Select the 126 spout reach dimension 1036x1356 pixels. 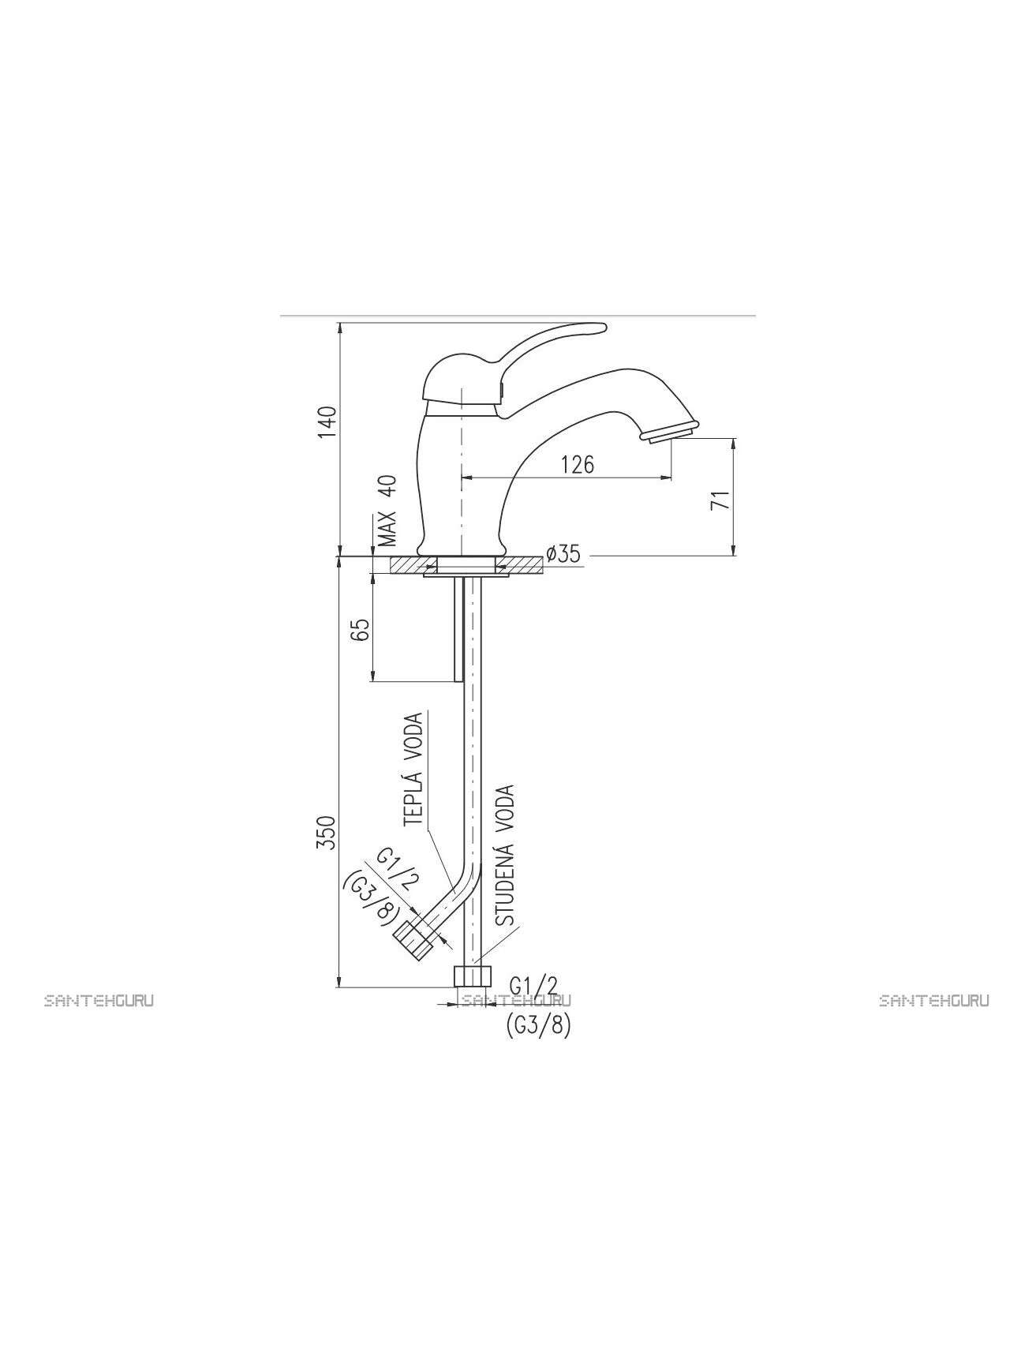(x=578, y=464)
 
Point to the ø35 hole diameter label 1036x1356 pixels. (x=563, y=554)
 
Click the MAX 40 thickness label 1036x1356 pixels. (x=386, y=511)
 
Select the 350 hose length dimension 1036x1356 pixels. (x=327, y=833)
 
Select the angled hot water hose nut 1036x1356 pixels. (x=413, y=940)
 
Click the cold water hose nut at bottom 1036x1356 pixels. (x=473, y=975)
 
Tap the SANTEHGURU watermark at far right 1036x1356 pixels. (x=934, y=1001)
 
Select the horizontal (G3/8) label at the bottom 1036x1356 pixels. (x=537, y=1025)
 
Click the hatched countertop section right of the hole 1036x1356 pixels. (x=521, y=565)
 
